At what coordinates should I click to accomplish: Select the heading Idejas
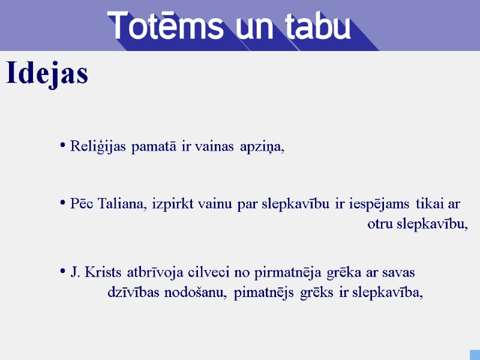pos(47,74)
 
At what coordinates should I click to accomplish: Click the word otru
pos(380,224)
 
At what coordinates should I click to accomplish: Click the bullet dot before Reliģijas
pos(63,145)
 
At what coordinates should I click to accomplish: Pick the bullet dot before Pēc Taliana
pos(63,203)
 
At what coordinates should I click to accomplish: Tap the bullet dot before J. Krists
pos(63,272)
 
